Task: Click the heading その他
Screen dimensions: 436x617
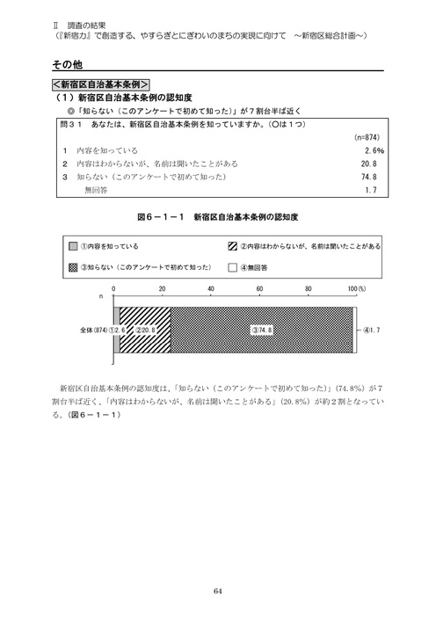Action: [68, 64]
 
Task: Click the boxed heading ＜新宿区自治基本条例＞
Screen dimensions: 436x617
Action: [99, 84]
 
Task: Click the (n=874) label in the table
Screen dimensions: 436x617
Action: [365, 138]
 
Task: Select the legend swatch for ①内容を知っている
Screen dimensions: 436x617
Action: [74, 247]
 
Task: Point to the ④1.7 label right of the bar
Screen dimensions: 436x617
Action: [372, 330]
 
